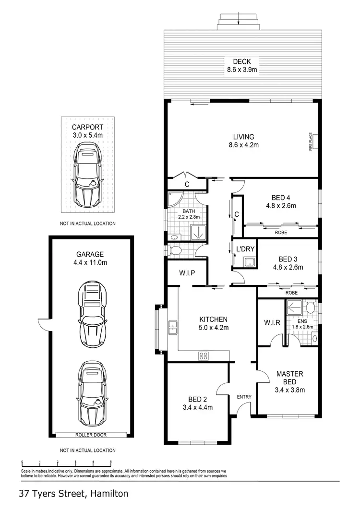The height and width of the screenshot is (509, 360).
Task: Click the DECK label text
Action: tap(242, 61)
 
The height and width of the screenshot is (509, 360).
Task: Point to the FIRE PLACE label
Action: tap(311, 142)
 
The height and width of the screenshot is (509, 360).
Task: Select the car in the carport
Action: tap(87, 175)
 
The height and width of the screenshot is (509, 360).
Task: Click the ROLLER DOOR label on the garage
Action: tap(91, 435)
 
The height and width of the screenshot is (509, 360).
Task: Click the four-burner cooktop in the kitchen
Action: tap(204, 355)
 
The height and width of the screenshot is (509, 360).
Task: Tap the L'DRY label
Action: tap(245, 249)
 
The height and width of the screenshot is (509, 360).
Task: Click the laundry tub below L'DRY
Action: tap(249, 262)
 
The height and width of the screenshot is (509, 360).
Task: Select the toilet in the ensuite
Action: tap(310, 307)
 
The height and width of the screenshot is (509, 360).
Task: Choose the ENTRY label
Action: tap(244, 397)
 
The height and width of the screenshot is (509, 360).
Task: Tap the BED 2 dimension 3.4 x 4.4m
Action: tap(198, 407)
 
